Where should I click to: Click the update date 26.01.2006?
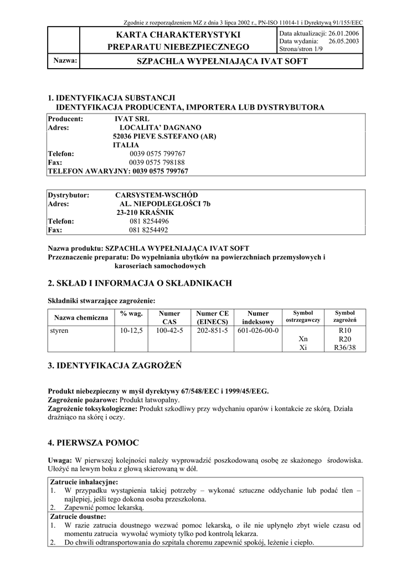point(345,34)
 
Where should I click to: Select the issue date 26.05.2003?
point(345,41)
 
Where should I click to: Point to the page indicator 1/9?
point(320,49)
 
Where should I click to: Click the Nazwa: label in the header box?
point(65,60)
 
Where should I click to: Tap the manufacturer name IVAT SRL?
point(131,118)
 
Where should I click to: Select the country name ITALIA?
point(126,145)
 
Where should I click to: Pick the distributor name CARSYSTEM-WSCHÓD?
point(156,195)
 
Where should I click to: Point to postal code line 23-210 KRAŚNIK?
point(145,213)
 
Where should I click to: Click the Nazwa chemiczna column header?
point(81,317)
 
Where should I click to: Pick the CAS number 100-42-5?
point(169,331)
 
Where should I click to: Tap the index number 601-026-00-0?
point(258,331)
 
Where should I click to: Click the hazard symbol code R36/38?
point(345,348)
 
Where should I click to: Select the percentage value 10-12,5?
point(131,331)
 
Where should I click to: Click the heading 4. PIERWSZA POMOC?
point(94,442)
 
